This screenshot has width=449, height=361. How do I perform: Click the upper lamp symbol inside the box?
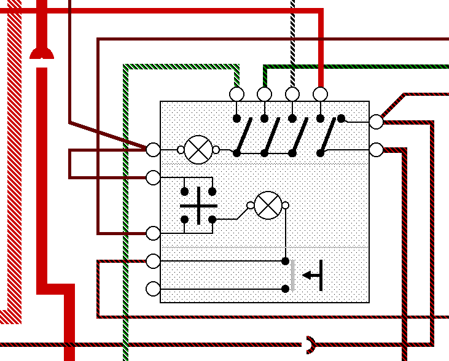(198, 149)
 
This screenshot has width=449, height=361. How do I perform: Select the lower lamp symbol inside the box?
(268, 205)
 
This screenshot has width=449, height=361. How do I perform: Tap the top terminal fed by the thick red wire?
(320, 94)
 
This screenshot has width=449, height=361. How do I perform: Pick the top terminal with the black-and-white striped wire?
(292, 94)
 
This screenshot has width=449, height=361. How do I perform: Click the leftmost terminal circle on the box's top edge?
(236, 94)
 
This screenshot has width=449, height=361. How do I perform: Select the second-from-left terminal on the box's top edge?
(264, 94)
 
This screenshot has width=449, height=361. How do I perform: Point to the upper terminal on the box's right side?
(376, 122)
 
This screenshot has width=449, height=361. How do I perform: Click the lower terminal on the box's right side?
(376, 149)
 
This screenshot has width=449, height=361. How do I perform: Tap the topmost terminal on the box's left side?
(153, 149)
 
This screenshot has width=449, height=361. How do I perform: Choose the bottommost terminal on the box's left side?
(153, 289)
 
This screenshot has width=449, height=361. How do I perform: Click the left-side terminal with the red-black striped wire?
(153, 262)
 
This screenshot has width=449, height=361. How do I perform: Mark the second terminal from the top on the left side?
(153, 177)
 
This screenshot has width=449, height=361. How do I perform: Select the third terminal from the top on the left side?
(153, 233)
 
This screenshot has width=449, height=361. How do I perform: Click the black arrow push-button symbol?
(314, 275)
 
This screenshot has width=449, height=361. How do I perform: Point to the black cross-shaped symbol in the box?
(198, 206)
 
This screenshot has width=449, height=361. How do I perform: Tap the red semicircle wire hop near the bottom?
(311, 344)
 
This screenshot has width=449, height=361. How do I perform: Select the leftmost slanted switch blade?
(244, 135)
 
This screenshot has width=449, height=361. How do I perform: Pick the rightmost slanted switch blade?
(329, 135)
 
